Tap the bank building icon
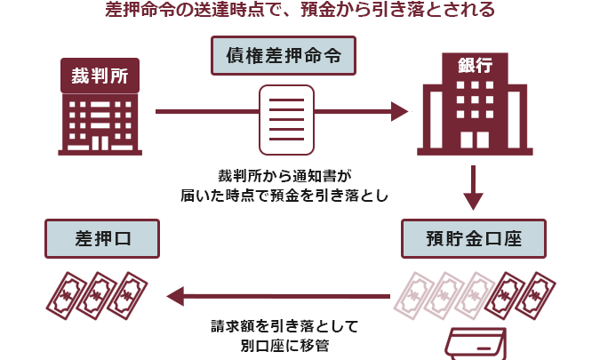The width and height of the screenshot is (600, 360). [472, 107]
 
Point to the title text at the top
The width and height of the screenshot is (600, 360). [300, 12]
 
